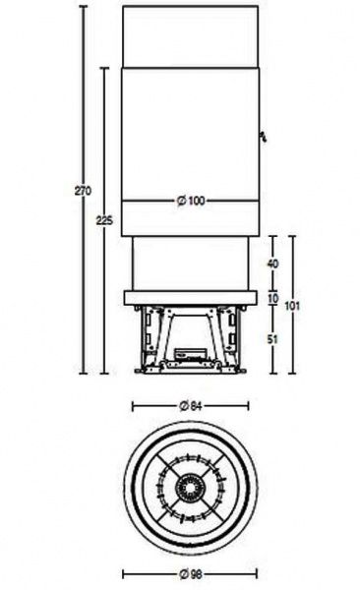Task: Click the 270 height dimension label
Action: coord(83,191)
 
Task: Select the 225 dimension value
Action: coord(104,220)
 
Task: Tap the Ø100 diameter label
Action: coord(191,201)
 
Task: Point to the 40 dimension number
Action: coord(273,264)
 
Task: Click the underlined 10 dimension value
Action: coord(273,299)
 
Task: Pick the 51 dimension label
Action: coord(272,340)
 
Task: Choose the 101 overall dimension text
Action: coord(292,306)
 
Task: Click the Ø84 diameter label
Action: coord(191,406)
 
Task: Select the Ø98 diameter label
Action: coord(190,574)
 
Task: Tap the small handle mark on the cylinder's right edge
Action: coord(264,137)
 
